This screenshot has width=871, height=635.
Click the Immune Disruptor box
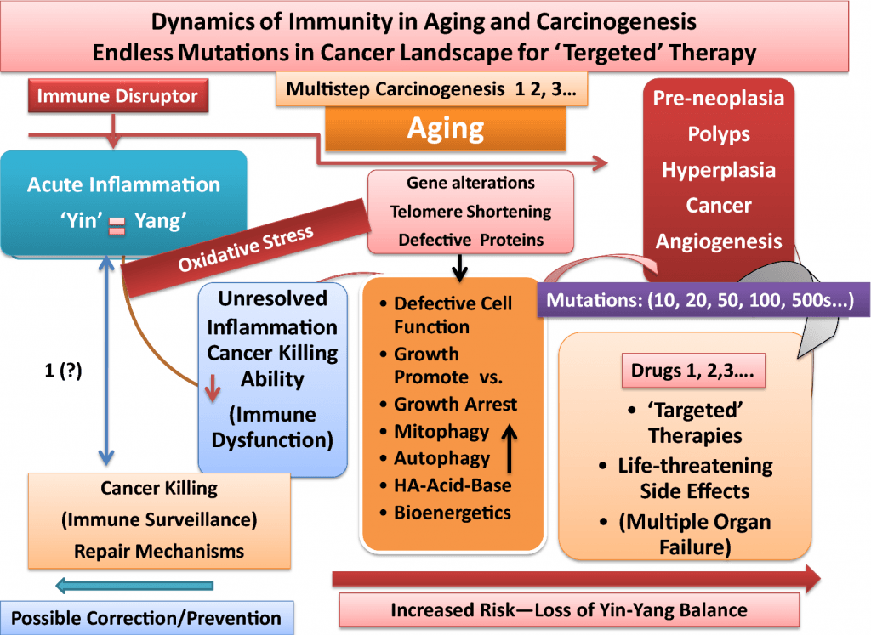tap(118, 95)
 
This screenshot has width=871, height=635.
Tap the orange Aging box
tap(446, 128)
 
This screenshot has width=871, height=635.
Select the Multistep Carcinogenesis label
tap(431, 88)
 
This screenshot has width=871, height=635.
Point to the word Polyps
tap(719, 134)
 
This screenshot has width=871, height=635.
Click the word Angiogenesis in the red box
tap(719, 241)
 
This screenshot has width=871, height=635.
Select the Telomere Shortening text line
tap(470, 212)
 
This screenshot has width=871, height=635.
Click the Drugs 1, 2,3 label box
tap(693, 371)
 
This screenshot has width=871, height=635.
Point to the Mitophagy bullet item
tap(435, 431)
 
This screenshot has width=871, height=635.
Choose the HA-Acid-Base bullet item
tap(445, 485)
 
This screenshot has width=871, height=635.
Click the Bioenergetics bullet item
tap(445, 513)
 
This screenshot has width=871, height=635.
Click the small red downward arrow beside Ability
tap(213, 388)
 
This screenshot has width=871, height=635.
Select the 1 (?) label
tap(63, 371)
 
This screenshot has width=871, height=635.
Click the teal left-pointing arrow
tap(134, 586)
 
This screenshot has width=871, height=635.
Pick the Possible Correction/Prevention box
tap(146, 618)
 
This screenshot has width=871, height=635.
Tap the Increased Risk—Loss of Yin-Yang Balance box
tap(569, 610)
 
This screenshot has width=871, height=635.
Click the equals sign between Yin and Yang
tap(117, 226)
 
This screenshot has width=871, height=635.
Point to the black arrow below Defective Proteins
tap(459, 268)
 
